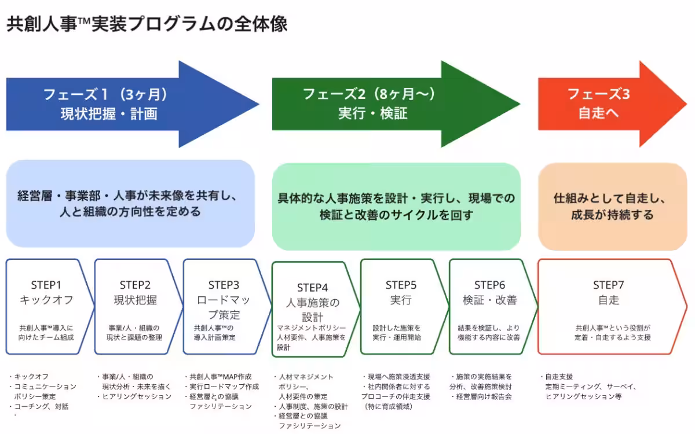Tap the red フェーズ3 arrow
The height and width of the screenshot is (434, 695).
tap(602, 104)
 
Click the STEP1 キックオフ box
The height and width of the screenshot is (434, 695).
tap(49, 307)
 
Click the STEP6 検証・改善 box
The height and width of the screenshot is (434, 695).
tap(490, 307)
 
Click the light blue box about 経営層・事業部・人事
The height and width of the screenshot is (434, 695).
tap(130, 204)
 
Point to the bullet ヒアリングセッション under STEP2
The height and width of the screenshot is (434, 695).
tap(137, 396)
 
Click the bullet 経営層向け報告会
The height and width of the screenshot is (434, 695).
tap(484, 396)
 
